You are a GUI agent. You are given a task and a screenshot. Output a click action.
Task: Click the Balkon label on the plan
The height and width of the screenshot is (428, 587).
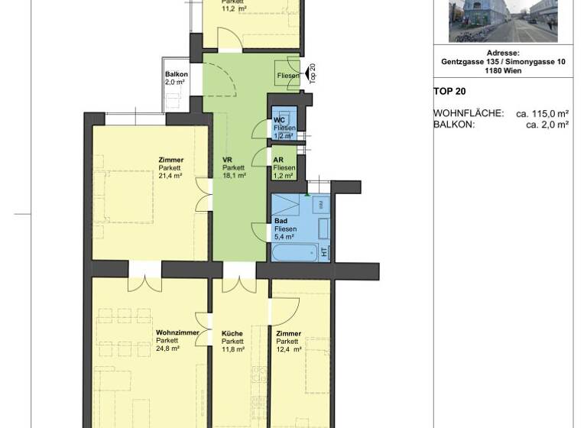click(176, 74)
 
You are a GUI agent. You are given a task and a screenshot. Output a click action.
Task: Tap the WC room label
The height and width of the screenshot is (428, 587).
click(279, 120)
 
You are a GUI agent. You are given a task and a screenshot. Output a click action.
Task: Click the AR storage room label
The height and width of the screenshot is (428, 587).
click(279, 160)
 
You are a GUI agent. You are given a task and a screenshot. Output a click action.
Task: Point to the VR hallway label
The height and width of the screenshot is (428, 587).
click(227, 160)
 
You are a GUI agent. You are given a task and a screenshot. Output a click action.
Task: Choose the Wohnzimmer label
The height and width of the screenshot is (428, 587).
click(177, 333)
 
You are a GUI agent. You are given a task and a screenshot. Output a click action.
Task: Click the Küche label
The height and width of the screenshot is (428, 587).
click(232, 333)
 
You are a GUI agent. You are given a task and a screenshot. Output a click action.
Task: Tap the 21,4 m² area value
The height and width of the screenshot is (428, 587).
click(170, 176)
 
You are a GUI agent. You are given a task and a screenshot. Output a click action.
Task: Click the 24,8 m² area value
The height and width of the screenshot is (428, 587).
click(167, 349)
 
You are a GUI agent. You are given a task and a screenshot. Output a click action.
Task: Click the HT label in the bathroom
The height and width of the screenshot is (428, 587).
click(324, 251)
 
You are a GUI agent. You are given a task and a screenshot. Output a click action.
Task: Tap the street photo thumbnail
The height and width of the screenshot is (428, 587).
click(503, 21)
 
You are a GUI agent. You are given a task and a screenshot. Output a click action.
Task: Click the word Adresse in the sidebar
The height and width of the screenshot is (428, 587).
click(503, 53)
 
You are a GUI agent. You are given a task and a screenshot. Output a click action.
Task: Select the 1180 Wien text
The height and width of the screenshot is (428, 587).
click(503, 71)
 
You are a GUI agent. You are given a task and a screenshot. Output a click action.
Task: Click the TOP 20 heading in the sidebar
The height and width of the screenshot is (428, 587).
click(449, 90)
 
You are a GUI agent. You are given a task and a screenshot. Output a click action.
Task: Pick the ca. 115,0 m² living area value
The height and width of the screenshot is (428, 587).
click(542, 113)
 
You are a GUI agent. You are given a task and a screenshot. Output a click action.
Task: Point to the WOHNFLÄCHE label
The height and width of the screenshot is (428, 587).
click(469, 113)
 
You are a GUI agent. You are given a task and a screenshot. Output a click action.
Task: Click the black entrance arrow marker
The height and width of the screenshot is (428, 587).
click(309, 74)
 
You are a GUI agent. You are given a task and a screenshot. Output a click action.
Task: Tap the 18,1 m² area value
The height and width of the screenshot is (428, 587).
click(234, 176)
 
